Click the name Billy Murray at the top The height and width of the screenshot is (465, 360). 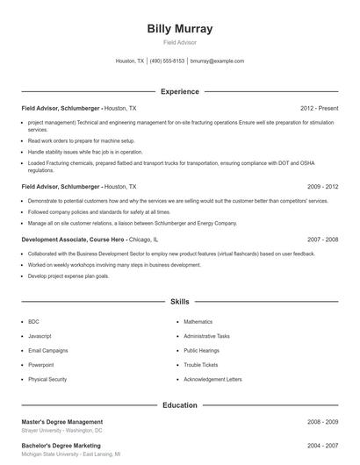pos(180,28)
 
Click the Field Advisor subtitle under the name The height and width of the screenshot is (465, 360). pos(180,42)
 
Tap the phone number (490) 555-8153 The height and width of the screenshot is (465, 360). pos(167,61)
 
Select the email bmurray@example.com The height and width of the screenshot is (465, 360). pos(217,61)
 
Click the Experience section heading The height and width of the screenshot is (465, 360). pos(180,91)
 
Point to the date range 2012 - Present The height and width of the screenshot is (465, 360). pos(320,108)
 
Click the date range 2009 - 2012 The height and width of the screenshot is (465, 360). pos(323,187)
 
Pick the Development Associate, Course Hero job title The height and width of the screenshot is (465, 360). pos(75,239)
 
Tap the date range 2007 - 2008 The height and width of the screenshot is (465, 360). pos(323,239)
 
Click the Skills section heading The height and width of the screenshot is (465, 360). pos(180,301)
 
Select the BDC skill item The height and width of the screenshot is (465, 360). pos(33,322)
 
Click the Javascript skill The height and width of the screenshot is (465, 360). pos(40,336)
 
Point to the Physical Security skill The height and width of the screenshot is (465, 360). pos(47,379)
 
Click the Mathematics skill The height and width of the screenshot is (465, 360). pos(198,322)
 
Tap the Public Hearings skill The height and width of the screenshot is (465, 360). pos(201,350)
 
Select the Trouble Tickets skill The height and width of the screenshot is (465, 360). pos(200,365)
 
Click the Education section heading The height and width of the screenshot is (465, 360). pos(180,405)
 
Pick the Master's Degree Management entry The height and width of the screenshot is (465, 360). pos(61,422)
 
